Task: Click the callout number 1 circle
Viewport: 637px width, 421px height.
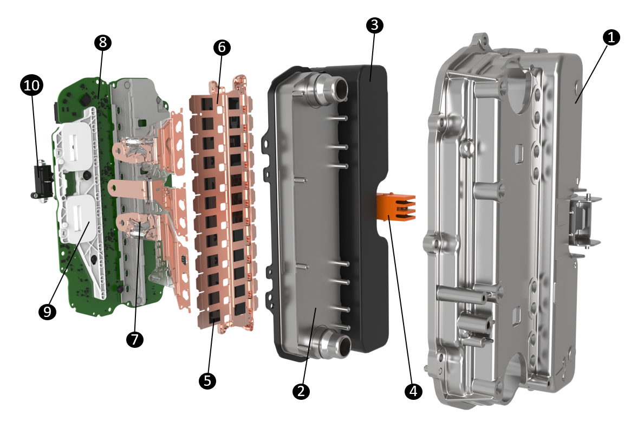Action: [612, 37]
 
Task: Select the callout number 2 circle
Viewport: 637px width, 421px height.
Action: [302, 390]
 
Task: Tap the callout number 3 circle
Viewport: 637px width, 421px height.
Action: [374, 25]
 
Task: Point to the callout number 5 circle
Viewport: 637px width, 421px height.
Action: [207, 381]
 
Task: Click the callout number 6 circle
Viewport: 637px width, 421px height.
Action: [222, 48]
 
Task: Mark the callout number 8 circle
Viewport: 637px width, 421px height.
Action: [102, 42]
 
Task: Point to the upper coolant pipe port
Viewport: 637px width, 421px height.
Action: [334, 86]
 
